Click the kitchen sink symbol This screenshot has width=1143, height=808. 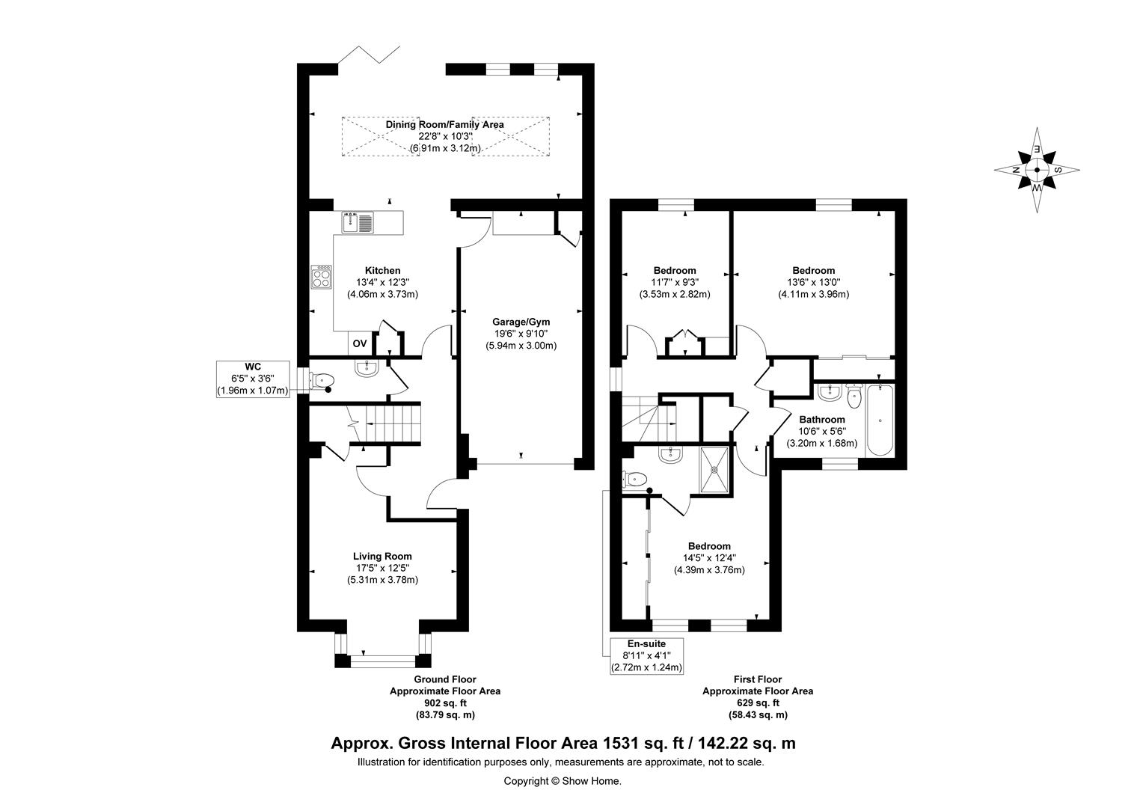click(x=358, y=223)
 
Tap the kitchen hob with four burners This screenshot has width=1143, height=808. click(x=322, y=277)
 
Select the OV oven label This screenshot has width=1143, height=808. click(x=360, y=344)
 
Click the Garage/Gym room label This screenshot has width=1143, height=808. click(x=521, y=322)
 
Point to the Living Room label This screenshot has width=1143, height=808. click(x=382, y=557)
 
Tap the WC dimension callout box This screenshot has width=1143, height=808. click(x=253, y=379)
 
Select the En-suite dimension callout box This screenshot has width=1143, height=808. click(x=646, y=656)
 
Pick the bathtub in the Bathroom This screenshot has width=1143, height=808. click(x=880, y=420)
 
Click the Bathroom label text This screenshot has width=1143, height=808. click(x=821, y=420)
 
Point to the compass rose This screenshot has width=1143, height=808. click(x=1036, y=170)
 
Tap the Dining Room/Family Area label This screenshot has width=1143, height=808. click(x=444, y=124)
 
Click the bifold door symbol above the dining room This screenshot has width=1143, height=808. click(x=369, y=55)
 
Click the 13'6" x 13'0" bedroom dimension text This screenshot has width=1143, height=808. click(x=813, y=282)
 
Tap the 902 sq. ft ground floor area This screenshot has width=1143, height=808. click(x=445, y=703)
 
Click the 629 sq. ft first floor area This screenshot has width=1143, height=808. click(x=758, y=703)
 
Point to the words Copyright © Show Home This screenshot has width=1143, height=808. click(x=563, y=781)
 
